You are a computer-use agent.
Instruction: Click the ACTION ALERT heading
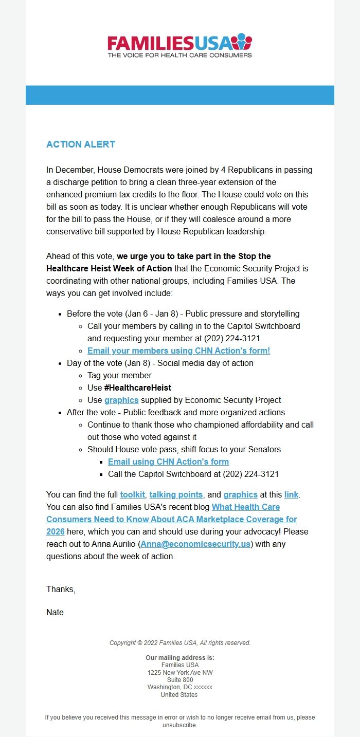81,144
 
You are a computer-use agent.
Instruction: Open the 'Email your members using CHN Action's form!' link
178,351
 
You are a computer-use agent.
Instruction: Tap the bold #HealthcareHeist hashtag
138,388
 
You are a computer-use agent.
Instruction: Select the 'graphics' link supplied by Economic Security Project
121,400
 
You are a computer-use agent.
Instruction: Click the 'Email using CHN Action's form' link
168,462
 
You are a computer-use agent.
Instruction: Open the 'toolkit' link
133,494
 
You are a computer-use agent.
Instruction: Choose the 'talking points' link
176,494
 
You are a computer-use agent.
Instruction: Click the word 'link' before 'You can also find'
291,494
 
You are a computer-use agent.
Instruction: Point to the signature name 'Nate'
55,612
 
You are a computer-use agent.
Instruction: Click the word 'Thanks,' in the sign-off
61,589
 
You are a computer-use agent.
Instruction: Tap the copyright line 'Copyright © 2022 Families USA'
180,643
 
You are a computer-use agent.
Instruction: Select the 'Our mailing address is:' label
180,658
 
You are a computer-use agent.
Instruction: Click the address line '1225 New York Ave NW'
180,673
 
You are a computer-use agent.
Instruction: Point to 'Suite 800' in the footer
180,680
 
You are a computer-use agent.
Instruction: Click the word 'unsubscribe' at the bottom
179,725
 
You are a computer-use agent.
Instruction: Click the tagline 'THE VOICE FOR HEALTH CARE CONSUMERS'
179,54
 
